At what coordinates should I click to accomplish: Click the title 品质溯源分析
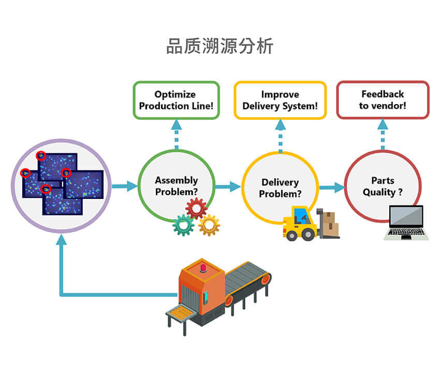click(x=219, y=46)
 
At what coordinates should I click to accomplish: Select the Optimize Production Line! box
click(x=176, y=100)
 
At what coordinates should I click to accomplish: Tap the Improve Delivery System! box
click(x=280, y=100)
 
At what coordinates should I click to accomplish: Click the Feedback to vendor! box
click(x=383, y=99)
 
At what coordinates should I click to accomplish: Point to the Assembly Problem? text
click(x=176, y=186)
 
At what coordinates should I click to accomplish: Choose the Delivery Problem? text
click(x=280, y=188)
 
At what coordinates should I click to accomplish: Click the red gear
click(x=196, y=208)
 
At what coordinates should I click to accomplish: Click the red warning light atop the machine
click(x=202, y=268)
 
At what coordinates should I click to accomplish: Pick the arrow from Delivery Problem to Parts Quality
click(x=332, y=188)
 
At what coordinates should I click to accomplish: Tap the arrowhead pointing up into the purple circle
click(x=62, y=240)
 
